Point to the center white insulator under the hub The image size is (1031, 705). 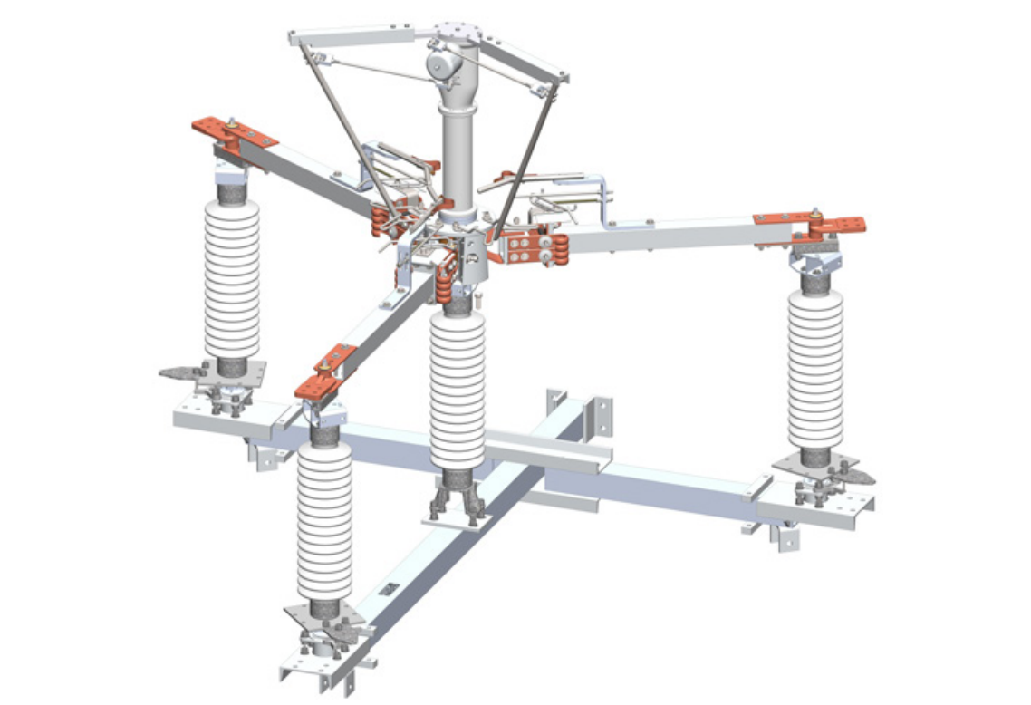[x=458, y=390]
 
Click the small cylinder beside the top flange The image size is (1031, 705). [x=439, y=64]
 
